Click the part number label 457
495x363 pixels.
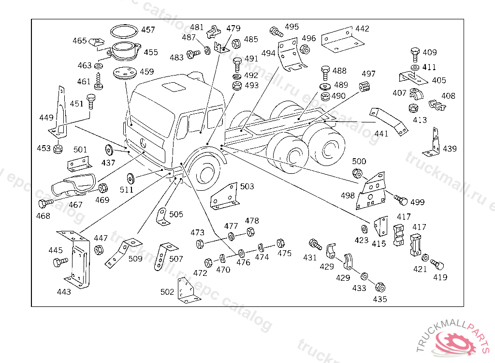pyautogui.click(x=148, y=30)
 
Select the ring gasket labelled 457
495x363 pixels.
pyautogui.click(x=123, y=31)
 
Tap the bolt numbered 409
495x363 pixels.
pyautogui.click(x=414, y=53)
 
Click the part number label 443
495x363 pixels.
pyautogui.click(x=64, y=292)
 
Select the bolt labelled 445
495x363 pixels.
pyautogui.click(x=60, y=262)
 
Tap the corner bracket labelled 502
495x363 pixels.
pyautogui.click(x=188, y=292)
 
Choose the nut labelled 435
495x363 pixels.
pyautogui.click(x=380, y=287)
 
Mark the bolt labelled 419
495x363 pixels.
pyautogui.click(x=438, y=264)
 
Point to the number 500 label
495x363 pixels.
pyautogui.click(x=359, y=162)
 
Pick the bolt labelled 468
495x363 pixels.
pyautogui.click(x=47, y=203)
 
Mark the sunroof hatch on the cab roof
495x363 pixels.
pyautogui.click(x=172, y=87)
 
